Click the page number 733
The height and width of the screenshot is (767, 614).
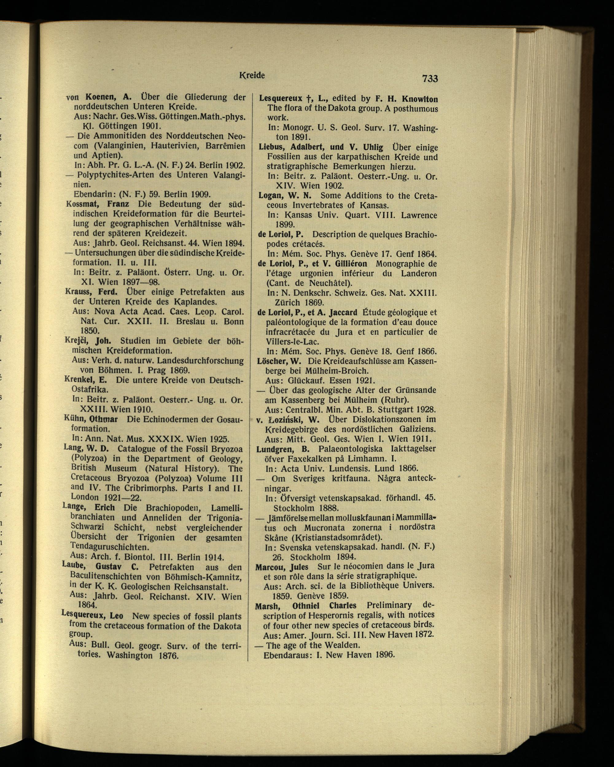(430, 78)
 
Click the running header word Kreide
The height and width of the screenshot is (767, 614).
(252, 76)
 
